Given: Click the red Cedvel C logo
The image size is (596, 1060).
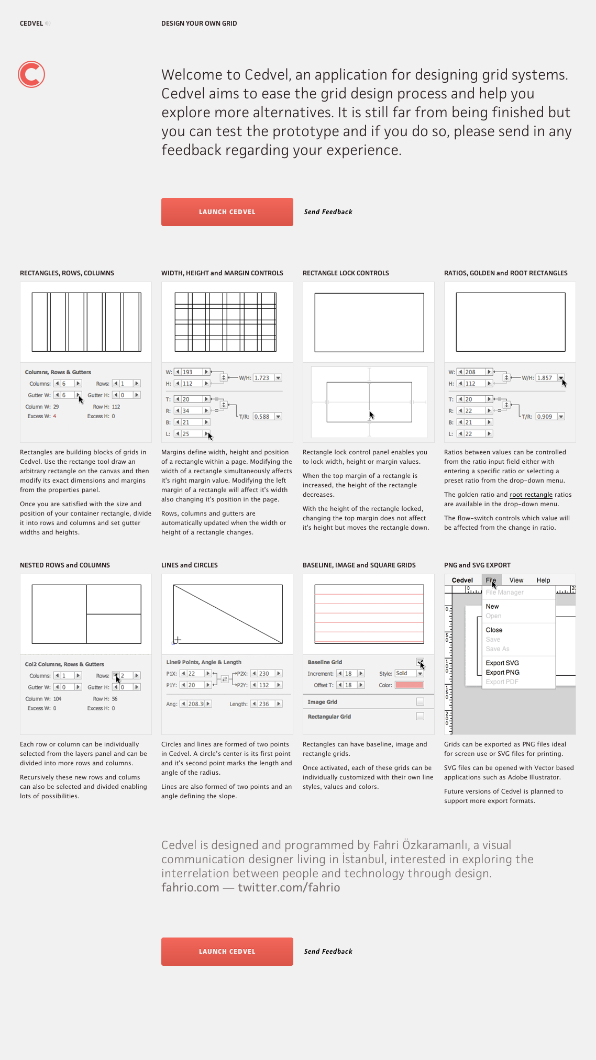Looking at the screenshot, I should (x=31, y=74).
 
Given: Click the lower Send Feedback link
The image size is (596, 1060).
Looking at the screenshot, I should (x=328, y=951).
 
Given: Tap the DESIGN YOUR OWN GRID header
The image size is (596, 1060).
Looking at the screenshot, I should (x=199, y=24).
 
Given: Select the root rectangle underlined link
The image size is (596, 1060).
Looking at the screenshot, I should (x=531, y=495).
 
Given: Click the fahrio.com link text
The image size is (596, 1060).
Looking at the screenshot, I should (x=190, y=887).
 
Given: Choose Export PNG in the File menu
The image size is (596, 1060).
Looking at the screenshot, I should (x=502, y=673).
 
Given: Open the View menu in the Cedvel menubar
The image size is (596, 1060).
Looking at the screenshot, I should (x=516, y=581).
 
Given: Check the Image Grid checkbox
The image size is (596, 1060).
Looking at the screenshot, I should (x=420, y=702).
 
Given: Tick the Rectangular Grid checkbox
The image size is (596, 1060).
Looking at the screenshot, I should (x=420, y=717).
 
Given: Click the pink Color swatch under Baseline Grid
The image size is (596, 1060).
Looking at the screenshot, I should (x=409, y=685).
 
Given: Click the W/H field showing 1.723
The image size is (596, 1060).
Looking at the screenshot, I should (x=263, y=378).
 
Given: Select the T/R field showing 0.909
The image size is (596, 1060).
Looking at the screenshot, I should (x=546, y=417).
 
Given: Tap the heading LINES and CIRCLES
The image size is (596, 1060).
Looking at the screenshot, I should (x=189, y=565).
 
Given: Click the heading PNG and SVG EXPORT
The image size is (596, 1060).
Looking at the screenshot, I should (x=477, y=565).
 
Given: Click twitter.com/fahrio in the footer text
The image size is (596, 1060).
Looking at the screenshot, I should (x=289, y=887).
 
